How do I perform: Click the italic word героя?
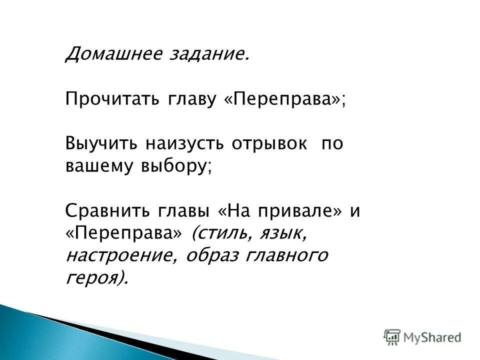[x=95, y=278]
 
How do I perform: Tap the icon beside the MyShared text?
[x=392, y=337]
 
